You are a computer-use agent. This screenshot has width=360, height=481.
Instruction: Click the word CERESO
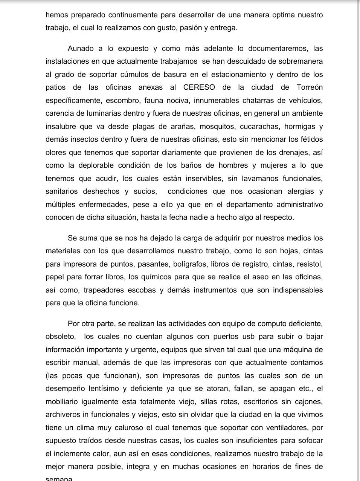click(199, 87)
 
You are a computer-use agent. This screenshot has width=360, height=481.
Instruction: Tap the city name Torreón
click(310, 87)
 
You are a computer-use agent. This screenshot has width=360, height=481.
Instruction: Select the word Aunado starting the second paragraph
click(81, 49)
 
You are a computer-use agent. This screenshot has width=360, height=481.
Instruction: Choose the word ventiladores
click(278, 428)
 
